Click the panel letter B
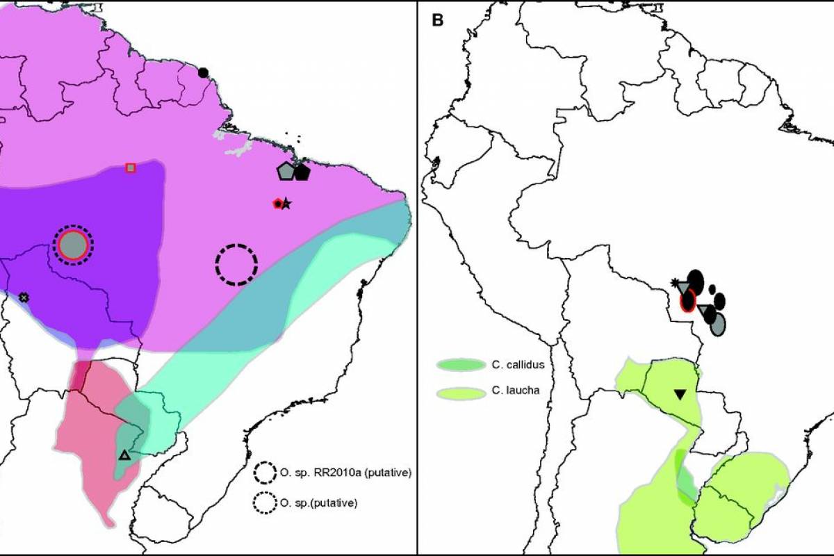[x=437, y=19]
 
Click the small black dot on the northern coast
[x=203, y=72]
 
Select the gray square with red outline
[x=131, y=167]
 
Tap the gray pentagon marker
[x=285, y=171]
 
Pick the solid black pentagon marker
[x=301, y=172]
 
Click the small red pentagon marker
[x=278, y=204]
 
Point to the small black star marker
[x=286, y=204]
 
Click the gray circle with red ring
[x=73, y=245]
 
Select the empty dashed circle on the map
[x=236, y=264]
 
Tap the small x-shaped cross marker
[x=24, y=297]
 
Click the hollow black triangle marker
[x=124, y=455]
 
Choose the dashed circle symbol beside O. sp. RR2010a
[x=264, y=473]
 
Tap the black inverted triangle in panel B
[x=680, y=395]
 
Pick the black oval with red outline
[x=688, y=300]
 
